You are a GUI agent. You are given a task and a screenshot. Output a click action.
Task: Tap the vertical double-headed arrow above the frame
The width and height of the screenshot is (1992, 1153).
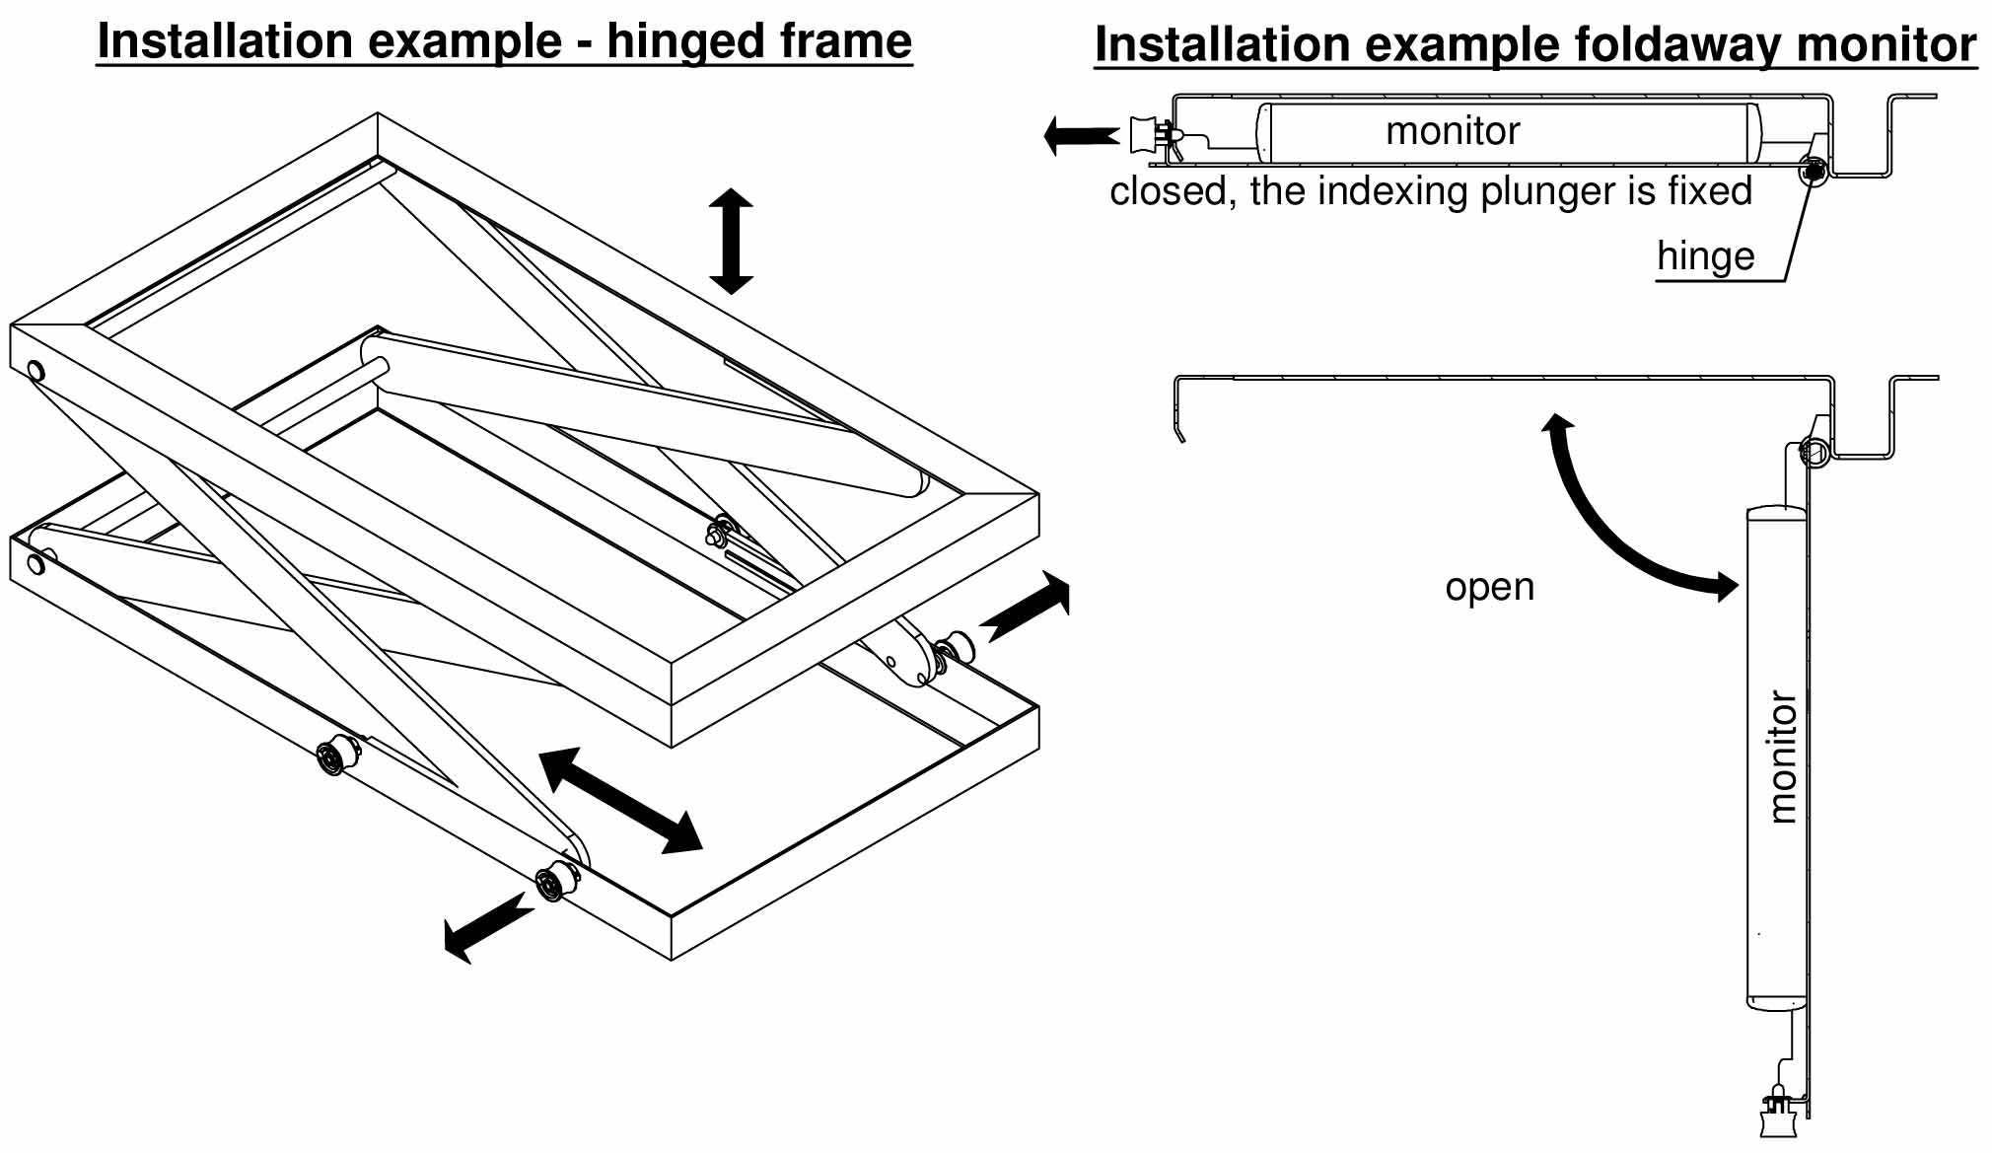(x=731, y=242)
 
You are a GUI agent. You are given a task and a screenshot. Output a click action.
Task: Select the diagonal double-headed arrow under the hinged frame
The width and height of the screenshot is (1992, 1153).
(x=621, y=800)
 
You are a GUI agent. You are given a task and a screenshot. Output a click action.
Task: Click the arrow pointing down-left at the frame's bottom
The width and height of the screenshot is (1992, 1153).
(x=486, y=928)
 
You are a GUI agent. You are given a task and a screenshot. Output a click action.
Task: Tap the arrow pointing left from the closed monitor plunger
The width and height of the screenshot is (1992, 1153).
(x=1081, y=135)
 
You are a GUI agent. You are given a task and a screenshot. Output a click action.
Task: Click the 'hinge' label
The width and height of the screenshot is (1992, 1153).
(x=1705, y=256)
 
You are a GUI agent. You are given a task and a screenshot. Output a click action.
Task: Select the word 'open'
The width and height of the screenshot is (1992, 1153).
(x=1489, y=587)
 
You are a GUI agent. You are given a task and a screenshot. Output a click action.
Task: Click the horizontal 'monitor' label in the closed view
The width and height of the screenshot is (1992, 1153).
(x=1452, y=131)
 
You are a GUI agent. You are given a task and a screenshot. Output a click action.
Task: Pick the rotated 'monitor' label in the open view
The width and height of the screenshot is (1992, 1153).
(x=1782, y=757)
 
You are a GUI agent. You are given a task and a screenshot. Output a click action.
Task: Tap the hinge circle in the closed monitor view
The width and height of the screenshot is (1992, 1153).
(x=1813, y=172)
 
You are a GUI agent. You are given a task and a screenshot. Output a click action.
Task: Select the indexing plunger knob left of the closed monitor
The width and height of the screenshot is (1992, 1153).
(x=1146, y=135)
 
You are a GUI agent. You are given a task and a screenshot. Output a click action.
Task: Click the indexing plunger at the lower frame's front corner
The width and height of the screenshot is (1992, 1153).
(x=555, y=880)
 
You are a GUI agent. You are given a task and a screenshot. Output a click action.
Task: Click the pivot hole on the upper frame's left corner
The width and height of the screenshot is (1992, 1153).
(x=36, y=372)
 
